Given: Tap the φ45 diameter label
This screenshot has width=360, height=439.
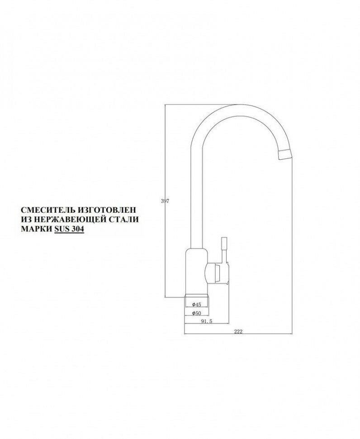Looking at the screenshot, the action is tap(196, 305).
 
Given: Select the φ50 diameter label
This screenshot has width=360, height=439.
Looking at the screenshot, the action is tap(196, 313).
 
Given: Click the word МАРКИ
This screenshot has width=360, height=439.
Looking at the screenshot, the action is tap(36, 229).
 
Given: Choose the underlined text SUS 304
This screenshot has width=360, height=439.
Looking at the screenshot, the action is tap(69, 229).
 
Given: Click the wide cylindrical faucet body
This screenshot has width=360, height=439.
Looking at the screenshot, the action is tap(195, 272).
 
